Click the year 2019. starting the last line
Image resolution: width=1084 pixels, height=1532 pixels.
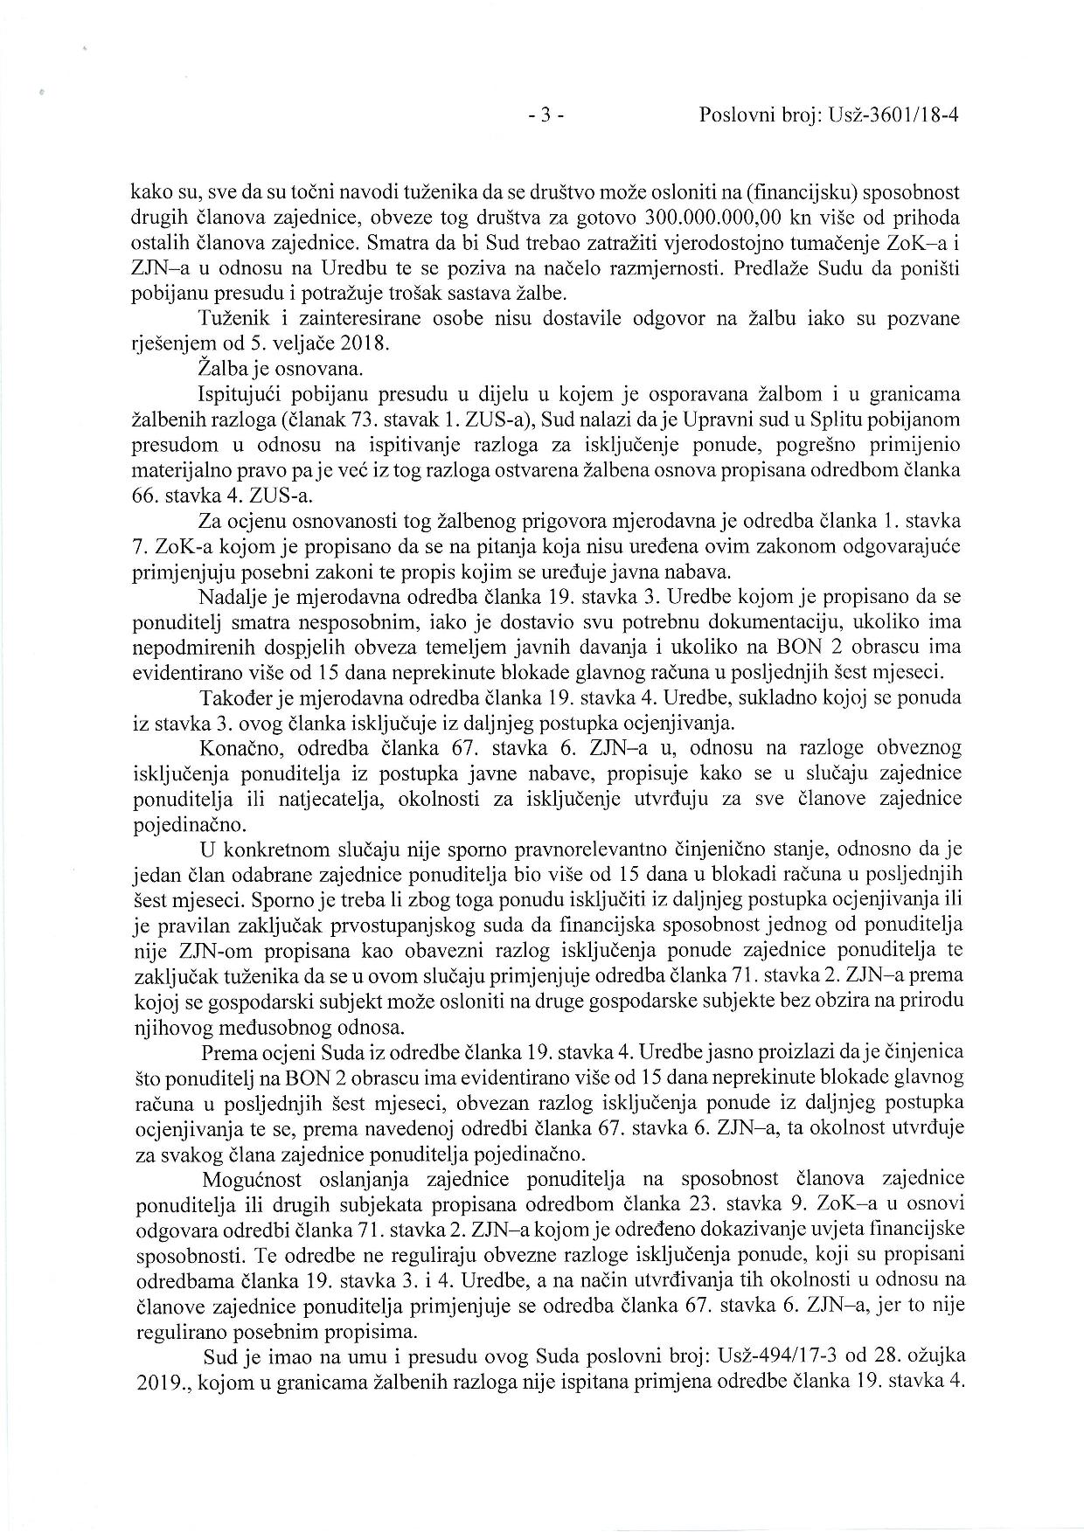153,1383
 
